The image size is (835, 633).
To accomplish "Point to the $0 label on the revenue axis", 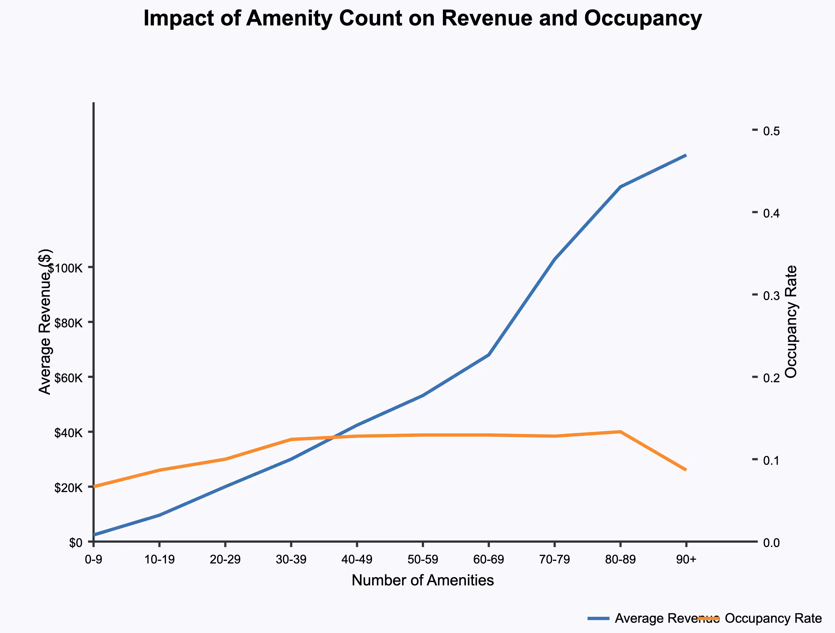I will (x=75, y=543).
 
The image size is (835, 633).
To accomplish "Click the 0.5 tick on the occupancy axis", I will (x=771, y=131).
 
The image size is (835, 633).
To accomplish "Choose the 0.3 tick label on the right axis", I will (x=771, y=295).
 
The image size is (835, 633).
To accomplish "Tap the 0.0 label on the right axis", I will (x=771, y=543).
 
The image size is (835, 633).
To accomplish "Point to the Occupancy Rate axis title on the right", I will (x=791, y=322).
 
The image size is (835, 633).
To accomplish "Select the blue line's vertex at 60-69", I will (x=488, y=355).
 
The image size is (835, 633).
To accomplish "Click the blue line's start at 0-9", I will (x=94, y=535).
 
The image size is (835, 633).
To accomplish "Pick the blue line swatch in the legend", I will (x=599, y=618).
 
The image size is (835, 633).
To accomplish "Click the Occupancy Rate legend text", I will (x=773, y=618).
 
